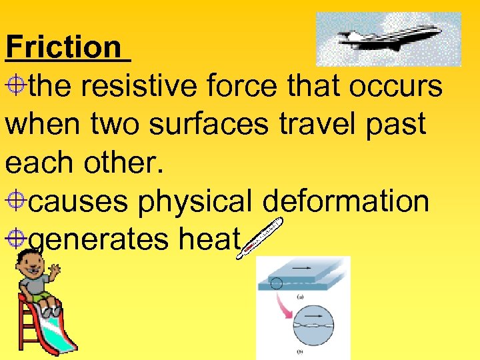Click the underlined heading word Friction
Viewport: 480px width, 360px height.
pos(63,47)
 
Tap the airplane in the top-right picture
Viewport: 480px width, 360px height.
pos(391,38)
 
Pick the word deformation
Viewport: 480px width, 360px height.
pos(346,201)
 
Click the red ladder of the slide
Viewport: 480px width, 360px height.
pos(26,327)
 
